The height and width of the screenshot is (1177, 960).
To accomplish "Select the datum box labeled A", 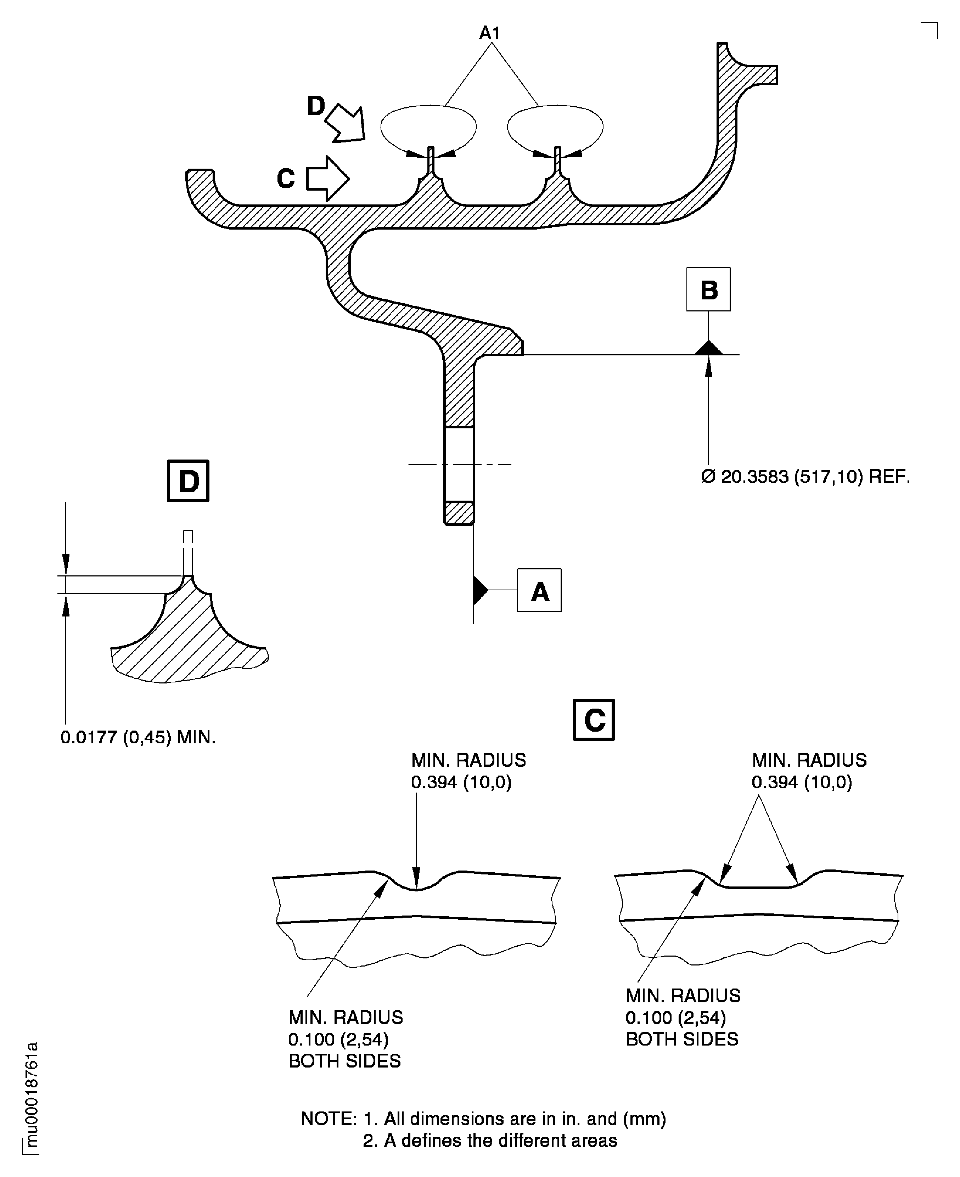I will point(539,590).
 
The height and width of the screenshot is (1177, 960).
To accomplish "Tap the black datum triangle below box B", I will point(708,348).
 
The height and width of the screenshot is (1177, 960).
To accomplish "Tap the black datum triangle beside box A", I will point(480,590).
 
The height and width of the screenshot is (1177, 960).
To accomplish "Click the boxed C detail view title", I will point(594,720).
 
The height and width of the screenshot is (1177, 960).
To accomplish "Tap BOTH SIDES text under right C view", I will point(682,1039).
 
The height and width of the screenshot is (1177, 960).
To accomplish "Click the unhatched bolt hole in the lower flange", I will point(459,464).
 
